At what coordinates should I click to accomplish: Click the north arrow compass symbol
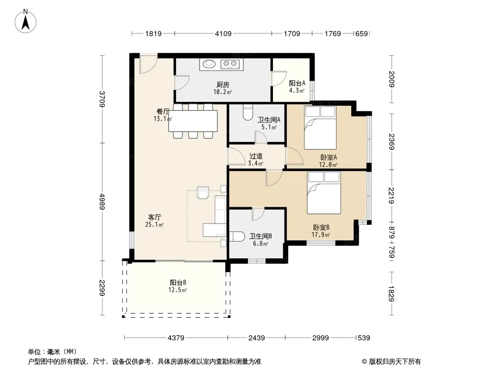pos(25,21)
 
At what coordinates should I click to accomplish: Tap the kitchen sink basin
pos(209,64)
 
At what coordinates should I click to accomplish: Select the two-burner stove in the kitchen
pos(230,64)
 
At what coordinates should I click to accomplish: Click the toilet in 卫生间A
pos(248,112)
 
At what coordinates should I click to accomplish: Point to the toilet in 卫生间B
pos(237,237)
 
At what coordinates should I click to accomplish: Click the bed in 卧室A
pos(320,128)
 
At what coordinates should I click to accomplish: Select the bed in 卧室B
pos(324,192)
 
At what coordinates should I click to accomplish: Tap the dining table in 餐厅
pos(193,121)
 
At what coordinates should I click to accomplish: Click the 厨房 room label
pos(223,84)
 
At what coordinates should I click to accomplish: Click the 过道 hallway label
pos(256,156)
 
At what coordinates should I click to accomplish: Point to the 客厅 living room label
pos(155,217)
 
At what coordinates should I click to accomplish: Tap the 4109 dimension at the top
pos(223,33)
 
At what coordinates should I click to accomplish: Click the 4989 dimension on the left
pos(102,202)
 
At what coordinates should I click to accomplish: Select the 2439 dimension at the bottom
pos(256,338)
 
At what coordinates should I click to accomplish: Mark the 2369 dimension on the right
pos(391,142)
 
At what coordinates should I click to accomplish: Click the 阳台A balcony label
pos(297,83)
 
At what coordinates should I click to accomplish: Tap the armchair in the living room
pos(203,192)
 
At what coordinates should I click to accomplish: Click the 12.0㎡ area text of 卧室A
pos(328,165)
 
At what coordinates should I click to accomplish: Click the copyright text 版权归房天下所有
pos(395,362)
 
